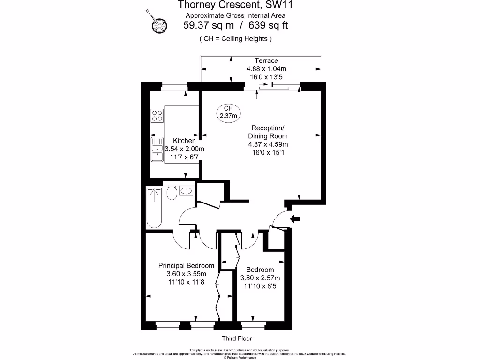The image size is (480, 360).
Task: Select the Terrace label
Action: pyautogui.click(x=266, y=60)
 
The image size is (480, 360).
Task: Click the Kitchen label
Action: pyautogui.click(x=184, y=141)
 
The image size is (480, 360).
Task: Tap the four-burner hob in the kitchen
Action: pyautogui.click(x=157, y=115)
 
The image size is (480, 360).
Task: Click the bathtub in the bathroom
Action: pyautogui.click(x=154, y=208)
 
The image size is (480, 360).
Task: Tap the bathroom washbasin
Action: pyautogui.click(x=186, y=191)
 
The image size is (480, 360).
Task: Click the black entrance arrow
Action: pyautogui.click(x=295, y=218)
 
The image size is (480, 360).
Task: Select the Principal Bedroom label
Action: pyautogui.click(x=186, y=266)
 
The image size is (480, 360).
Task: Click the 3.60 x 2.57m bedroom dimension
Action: pyautogui.click(x=260, y=278)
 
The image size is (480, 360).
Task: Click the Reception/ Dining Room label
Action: pyautogui.click(x=268, y=132)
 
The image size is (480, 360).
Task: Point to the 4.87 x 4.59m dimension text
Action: pyautogui.click(x=268, y=144)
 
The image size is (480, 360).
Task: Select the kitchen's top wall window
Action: pyautogui.click(x=174, y=86)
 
